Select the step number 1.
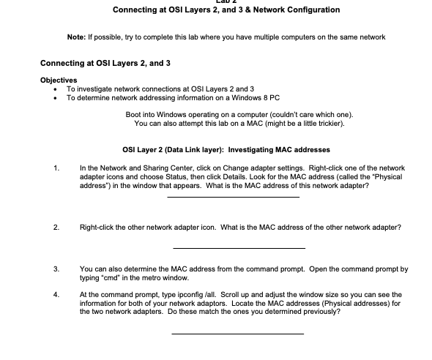[56, 168]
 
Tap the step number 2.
[56, 228]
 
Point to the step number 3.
[56, 269]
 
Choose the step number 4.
[56, 294]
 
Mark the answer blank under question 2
[238, 247]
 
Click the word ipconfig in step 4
[183, 294]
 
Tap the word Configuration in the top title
[308, 10]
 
